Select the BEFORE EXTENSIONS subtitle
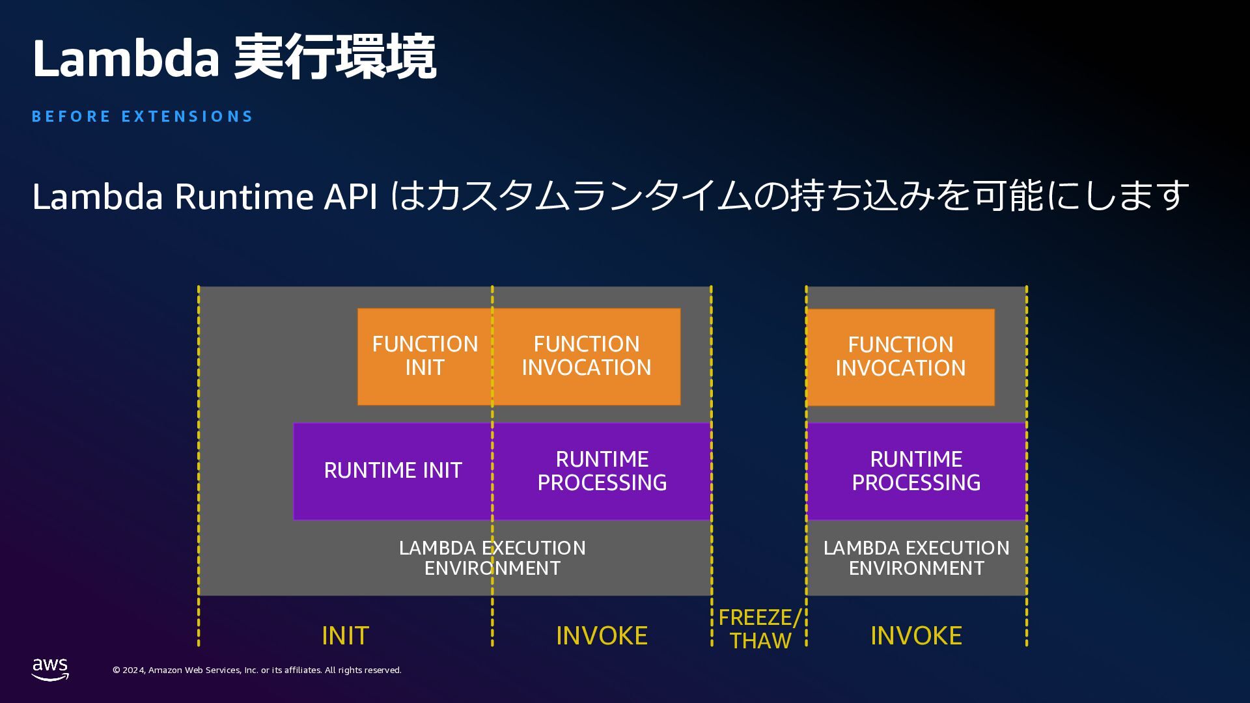tap(142, 117)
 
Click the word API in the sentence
tap(351, 196)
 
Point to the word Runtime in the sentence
tap(244, 196)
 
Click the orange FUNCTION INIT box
tap(424, 356)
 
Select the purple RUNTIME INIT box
tap(393, 471)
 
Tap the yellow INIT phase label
tap(345, 635)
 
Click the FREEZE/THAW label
tap(759, 629)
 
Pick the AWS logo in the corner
tap(50, 669)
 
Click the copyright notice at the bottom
tap(257, 670)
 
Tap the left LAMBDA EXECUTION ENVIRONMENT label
tap(492, 558)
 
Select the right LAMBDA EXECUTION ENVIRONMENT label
tap(916, 558)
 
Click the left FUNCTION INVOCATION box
tap(587, 356)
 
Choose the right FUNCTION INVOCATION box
tap(900, 357)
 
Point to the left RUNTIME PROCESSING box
tap(602, 471)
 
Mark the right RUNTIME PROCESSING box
tap(916, 471)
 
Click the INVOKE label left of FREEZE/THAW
tap(602, 635)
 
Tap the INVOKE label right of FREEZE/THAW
tap(916, 635)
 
